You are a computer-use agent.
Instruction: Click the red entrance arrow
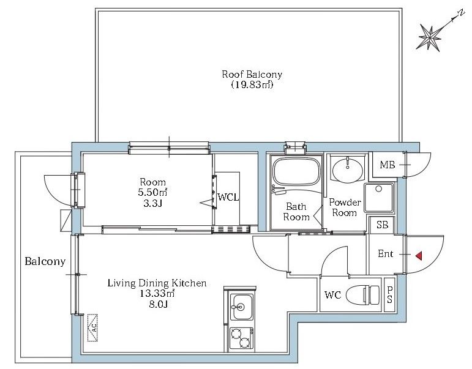click(x=419, y=256)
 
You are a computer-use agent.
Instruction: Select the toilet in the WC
click(x=363, y=295)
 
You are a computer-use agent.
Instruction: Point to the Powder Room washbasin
click(x=348, y=170)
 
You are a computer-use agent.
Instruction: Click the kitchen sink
click(x=241, y=307)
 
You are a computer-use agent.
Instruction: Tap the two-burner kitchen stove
click(x=241, y=339)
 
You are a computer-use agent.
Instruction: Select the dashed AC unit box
click(x=92, y=328)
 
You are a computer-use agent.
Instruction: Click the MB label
click(x=387, y=165)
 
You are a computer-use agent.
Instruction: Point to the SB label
click(x=382, y=225)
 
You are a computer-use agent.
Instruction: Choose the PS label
click(x=389, y=295)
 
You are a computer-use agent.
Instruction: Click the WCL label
click(x=228, y=198)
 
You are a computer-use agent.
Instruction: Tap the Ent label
click(x=385, y=254)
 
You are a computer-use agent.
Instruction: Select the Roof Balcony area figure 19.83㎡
click(x=252, y=85)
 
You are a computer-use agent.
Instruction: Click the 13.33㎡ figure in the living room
click(x=157, y=293)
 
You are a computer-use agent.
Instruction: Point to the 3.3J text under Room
click(x=153, y=203)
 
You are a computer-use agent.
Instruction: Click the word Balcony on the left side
click(x=45, y=261)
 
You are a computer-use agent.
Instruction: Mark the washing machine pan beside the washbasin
click(x=379, y=198)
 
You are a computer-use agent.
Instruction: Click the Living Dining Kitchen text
click(x=157, y=283)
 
